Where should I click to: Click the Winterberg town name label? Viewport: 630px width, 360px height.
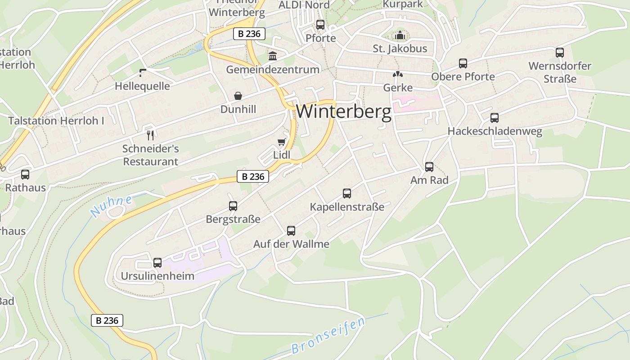coord(344,112)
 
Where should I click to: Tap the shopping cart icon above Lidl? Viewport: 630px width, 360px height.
coord(282,142)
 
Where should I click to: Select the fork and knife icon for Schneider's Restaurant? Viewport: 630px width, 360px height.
coord(151,135)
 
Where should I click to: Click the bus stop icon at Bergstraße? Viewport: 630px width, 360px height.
coord(233,206)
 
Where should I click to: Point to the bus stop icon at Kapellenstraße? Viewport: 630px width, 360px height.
coord(347,193)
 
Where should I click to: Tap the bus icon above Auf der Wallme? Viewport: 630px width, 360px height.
coord(291,231)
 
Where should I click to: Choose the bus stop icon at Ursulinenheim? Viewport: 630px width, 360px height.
coord(157,262)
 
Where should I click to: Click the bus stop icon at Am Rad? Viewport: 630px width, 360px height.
coord(429,167)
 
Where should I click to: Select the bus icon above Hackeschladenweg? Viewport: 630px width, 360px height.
coord(495,118)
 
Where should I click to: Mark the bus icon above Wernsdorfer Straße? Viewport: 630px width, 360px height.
coord(560,53)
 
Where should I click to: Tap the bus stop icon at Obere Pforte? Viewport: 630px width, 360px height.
coord(463,63)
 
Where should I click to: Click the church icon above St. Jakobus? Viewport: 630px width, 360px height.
coord(400,35)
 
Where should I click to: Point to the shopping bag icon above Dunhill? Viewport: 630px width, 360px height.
coord(238,96)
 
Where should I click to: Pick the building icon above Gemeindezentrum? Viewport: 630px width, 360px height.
coord(273,56)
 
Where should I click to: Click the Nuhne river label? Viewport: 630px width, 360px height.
coord(111,206)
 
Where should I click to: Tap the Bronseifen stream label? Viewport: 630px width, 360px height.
coord(328,335)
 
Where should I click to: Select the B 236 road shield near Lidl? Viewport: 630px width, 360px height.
coord(253,176)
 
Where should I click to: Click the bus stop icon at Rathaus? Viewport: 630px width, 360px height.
coord(25,175)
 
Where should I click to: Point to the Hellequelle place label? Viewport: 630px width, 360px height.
coord(142,86)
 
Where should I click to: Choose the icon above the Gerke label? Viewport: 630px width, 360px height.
coord(398,74)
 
